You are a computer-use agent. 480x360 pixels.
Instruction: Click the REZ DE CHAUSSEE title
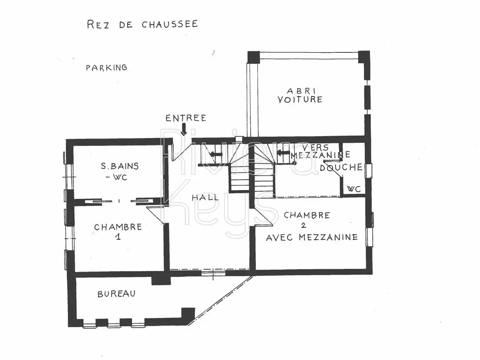click(x=142, y=24)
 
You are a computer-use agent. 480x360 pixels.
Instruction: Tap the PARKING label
click(x=106, y=67)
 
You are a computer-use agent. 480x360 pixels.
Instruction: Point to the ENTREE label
click(x=186, y=118)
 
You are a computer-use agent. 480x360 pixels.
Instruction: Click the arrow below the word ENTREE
click(x=184, y=129)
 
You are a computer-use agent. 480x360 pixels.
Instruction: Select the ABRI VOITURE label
click(x=300, y=95)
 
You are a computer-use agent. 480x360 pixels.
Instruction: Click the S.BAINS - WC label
click(x=120, y=171)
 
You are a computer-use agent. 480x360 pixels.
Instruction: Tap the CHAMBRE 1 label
click(x=118, y=231)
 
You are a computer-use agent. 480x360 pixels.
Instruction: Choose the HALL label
click(x=205, y=198)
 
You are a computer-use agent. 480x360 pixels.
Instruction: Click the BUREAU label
click(x=117, y=294)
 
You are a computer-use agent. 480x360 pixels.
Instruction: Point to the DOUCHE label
click(x=341, y=167)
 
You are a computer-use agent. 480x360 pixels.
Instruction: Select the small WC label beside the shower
click(x=354, y=189)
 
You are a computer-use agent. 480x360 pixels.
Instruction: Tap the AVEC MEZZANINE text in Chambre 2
click(x=312, y=237)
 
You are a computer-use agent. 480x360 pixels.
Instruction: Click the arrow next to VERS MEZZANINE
click(x=283, y=153)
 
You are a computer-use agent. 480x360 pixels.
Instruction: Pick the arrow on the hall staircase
click(x=216, y=154)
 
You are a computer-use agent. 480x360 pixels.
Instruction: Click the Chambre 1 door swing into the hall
click(x=155, y=215)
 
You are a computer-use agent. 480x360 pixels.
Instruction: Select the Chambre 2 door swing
click(x=263, y=216)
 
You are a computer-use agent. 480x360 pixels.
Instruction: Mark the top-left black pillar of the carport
click(x=253, y=57)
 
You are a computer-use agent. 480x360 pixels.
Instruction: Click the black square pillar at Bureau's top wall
click(x=161, y=280)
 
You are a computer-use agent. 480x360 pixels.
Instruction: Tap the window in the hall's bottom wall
click(x=213, y=273)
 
